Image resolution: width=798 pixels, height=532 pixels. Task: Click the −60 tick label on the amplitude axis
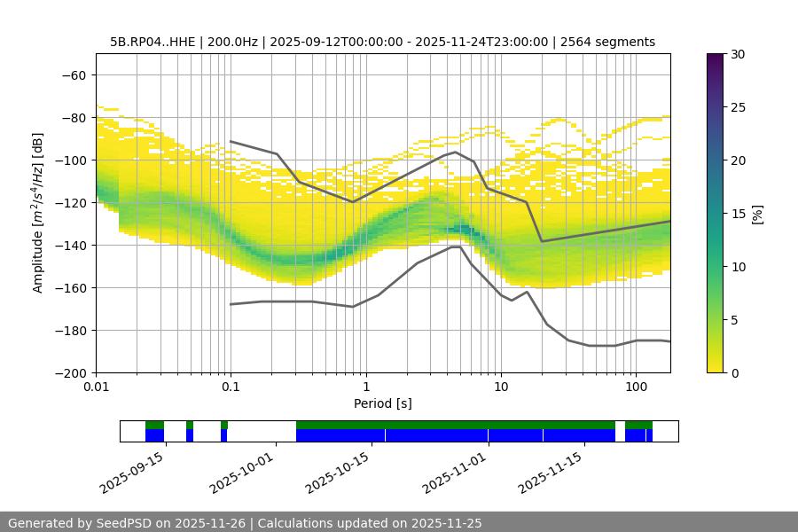pos(73,75)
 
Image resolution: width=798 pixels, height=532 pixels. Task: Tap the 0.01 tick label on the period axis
pos(96,387)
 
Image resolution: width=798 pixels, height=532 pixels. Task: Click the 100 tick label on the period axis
pos(635,387)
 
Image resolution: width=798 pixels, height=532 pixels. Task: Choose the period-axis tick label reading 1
pos(365,387)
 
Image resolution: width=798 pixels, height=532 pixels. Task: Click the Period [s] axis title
pos(382,403)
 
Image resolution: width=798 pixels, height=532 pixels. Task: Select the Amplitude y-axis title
pos(38,213)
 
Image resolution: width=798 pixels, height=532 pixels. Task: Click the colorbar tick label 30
pos(738,54)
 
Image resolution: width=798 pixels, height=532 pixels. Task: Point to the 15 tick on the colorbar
pos(738,214)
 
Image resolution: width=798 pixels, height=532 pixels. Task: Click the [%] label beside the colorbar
pos(757,213)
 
